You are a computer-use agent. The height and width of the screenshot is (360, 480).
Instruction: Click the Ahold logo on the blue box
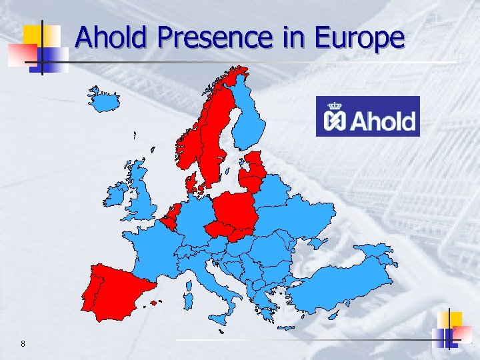click(368, 116)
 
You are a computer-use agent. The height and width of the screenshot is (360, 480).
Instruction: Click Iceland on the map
click(105, 101)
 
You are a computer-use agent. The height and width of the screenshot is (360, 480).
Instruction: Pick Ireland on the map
click(114, 194)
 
